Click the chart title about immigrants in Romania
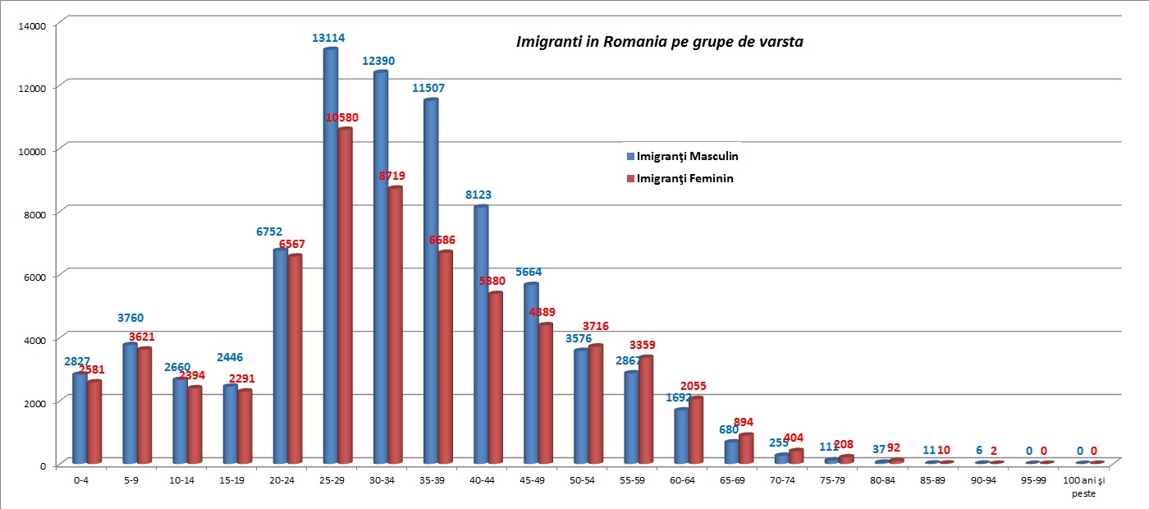click(x=659, y=42)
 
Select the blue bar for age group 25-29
click(x=331, y=254)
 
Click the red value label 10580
click(x=342, y=117)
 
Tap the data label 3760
click(x=130, y=318)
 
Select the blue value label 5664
click(x=529, y=272)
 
